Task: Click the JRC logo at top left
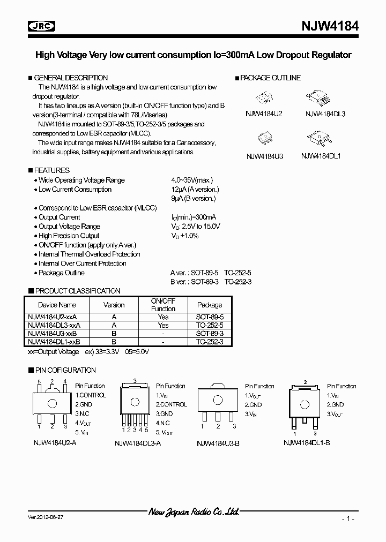click(x=42, y=26)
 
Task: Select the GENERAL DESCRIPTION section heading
click(x=71, y=78)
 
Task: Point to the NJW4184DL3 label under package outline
click(x=325, y=114)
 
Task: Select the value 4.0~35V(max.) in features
click(x=192, y=180)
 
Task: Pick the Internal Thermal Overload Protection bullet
click(x=89, y=254)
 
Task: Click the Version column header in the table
click(x=114, y=305)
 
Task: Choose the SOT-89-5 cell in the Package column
click(x=209, y=318)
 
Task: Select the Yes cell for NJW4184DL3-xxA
click(x=163, y=325)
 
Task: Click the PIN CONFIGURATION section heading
click(x=65, y=370)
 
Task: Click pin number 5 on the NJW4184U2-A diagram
click(x=39, y=382)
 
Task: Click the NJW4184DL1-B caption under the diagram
click(x=306, y=442)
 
